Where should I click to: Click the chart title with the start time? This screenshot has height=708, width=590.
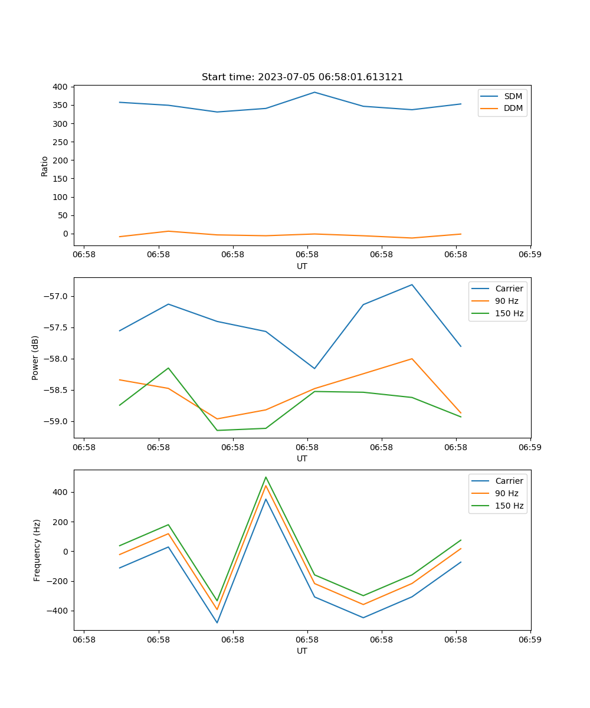[x=302, y=77]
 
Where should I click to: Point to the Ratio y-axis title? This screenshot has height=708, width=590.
[x=45, y=166]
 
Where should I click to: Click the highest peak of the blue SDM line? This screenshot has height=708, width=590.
[x=314, y=92]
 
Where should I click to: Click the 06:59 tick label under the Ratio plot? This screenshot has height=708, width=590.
[x=530, y=255]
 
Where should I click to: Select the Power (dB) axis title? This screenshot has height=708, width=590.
[x=35, y=358]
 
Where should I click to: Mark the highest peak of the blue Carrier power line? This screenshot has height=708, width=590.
[x=412, y=284]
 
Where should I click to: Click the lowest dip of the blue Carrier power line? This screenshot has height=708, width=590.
[x=314, y=369]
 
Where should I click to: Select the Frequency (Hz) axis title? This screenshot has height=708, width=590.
[x=37, y=550]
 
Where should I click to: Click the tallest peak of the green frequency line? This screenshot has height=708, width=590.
[x=265, y=477]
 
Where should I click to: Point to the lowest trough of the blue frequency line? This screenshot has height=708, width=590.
[x=217, y=622]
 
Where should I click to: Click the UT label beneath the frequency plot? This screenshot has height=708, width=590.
[x=302, y=651]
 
